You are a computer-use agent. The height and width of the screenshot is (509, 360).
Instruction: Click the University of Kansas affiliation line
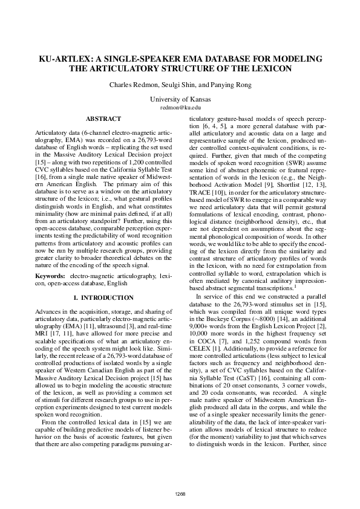tap(180, 99)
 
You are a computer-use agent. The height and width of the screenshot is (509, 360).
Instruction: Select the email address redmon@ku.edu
tap(180, 106)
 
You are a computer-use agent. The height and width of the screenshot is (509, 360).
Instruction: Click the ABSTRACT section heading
tap(103, 119)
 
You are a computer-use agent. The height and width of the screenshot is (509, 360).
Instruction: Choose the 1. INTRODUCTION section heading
tap(103, 298)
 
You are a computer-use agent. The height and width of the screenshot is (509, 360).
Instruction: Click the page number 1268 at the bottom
tap(180, 493)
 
